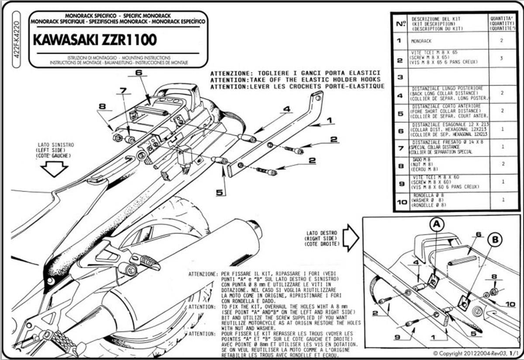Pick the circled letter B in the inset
(x=495, y=240)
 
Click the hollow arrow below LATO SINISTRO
(x=54, y=169)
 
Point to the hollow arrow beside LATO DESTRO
(x=351, y=237)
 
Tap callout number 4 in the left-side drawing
(x=286, y=109)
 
